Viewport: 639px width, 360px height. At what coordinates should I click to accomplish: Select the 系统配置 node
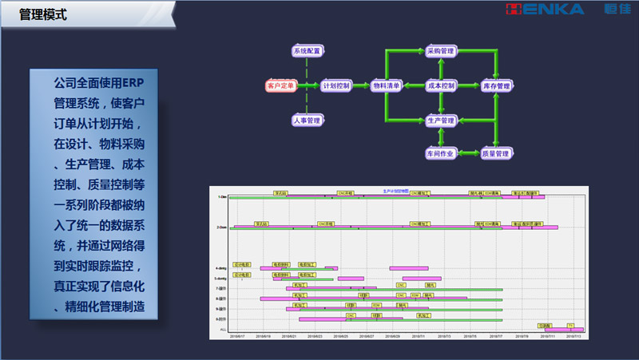tap(307, 51)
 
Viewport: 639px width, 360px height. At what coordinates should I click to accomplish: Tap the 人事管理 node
tap(307, 121)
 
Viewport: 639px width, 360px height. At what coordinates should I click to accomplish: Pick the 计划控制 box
tap(335, 85)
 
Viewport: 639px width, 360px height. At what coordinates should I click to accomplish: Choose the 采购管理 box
tap(441, 51)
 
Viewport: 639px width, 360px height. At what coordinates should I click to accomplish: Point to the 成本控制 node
tap(441, 85)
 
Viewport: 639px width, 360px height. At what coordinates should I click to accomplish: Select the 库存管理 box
tap(496, 85)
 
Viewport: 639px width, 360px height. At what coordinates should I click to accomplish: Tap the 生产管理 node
tap(441, 121)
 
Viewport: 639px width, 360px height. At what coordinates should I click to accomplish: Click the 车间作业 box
tap(441, 153)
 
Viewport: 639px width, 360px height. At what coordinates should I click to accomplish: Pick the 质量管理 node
tap(496, 153)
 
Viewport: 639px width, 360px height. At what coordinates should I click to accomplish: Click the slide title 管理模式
tap(44, 14)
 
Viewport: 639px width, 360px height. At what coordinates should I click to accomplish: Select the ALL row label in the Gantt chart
tap(222, 329)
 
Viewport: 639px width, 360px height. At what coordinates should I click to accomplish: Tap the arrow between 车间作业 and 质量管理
tap(468, 153)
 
